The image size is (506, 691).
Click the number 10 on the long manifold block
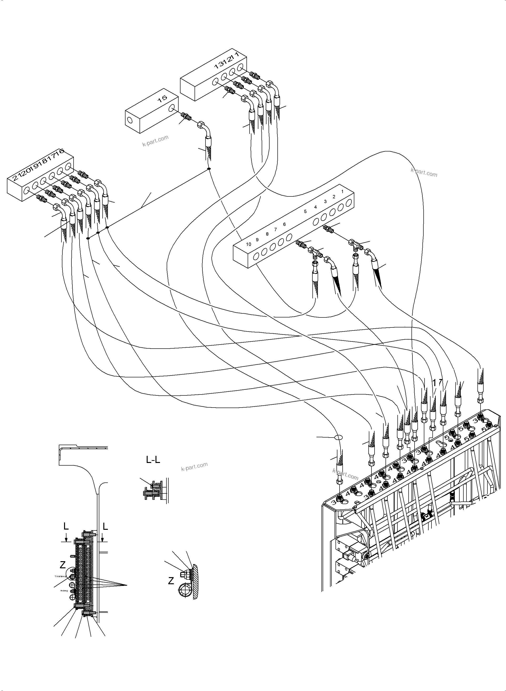point(248,244)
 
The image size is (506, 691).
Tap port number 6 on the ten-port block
point(284,224)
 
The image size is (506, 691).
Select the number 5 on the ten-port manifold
point(305,211)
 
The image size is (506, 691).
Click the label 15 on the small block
point(162,98)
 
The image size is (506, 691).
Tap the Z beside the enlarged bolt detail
point(171,581)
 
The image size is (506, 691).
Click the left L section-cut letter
point(66,526)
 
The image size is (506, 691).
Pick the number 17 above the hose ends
point(438,382)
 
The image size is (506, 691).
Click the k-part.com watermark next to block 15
point(155,141)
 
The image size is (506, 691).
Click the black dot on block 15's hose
point(209,169)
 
